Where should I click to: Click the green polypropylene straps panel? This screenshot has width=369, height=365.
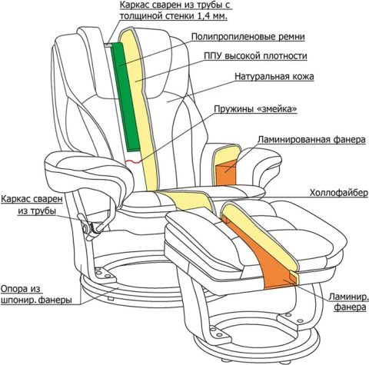125,98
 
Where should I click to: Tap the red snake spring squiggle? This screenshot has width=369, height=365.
133,161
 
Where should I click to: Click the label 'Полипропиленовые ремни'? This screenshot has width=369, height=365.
248,37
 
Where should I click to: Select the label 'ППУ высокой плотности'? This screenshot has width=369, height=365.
255,56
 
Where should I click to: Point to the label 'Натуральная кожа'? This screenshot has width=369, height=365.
274,76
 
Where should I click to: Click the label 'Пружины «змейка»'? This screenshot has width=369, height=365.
256,109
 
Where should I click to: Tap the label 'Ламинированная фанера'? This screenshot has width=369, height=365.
311,140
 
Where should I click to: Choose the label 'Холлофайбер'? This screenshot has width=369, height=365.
339,193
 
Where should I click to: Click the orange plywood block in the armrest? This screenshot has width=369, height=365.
225,172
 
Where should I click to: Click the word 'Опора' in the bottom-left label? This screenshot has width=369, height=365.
14,289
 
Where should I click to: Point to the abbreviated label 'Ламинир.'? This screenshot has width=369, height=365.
349,297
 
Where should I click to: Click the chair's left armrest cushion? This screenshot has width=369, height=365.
87,171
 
